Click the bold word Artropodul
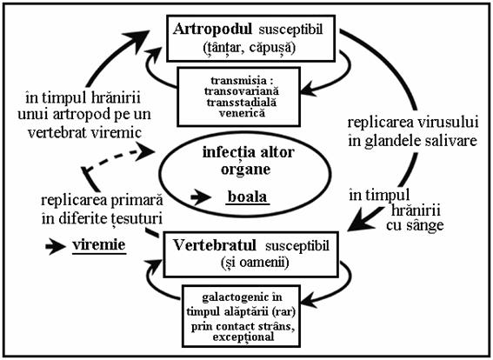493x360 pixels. point(212,30)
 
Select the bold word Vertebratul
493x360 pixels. point(215,245)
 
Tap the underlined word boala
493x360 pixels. point(248,197)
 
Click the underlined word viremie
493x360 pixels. point(99,245)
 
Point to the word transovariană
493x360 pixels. point(242,91)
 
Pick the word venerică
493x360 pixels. point(242,113)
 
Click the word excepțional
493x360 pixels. point(243,337)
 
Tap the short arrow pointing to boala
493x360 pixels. point(201,197)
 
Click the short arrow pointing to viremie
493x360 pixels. point(56,246)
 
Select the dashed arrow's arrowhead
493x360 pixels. point(146,151)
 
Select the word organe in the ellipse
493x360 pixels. point(245,170)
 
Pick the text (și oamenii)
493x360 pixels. point(255,263)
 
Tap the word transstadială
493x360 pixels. point(242,103)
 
